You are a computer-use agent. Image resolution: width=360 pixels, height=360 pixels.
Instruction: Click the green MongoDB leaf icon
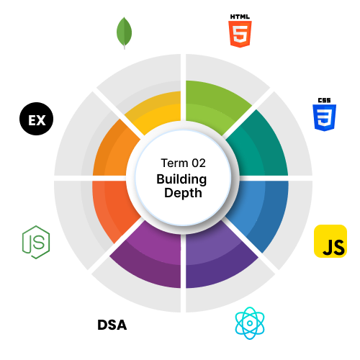124,32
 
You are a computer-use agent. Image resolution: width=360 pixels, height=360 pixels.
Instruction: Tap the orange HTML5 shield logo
240,34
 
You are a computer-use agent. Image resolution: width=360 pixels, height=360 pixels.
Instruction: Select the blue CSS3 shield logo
324,117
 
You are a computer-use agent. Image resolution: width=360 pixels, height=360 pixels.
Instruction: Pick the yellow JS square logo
330,241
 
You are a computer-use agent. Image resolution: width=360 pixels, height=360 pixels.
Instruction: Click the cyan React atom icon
250,323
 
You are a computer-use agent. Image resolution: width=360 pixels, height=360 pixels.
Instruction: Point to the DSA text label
112,325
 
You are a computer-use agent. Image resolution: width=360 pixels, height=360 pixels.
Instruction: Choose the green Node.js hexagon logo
36,242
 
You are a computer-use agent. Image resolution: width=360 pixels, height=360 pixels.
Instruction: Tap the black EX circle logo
36,119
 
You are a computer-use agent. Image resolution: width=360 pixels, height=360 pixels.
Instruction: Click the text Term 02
183,163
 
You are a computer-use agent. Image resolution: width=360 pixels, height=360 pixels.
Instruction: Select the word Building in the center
181,179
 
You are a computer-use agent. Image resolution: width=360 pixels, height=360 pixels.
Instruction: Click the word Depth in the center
183,193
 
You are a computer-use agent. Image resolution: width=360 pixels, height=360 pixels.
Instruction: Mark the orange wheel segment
113,150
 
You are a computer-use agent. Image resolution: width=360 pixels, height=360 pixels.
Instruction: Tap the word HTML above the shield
240,17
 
